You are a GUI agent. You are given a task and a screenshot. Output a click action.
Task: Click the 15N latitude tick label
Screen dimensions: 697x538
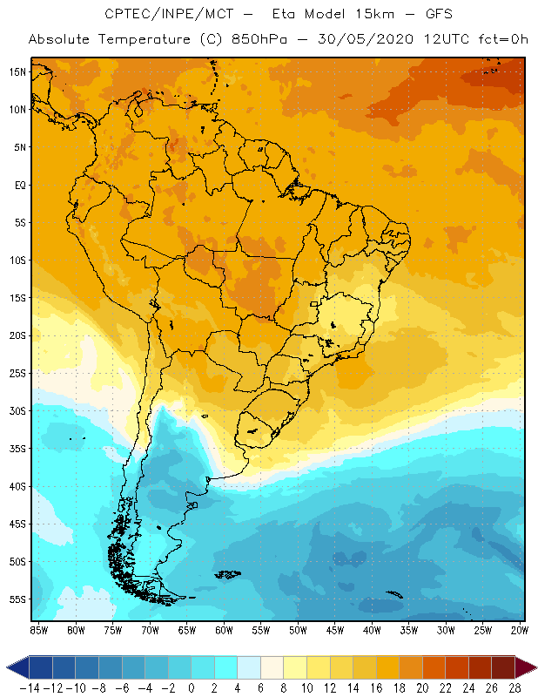17,71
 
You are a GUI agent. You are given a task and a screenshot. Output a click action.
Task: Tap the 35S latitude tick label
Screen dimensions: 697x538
17,449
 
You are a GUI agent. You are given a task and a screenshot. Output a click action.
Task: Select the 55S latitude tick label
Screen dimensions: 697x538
17,599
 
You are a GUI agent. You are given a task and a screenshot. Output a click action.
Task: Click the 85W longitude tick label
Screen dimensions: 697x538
38,629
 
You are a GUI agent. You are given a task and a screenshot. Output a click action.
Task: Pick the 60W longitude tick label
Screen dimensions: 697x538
224,629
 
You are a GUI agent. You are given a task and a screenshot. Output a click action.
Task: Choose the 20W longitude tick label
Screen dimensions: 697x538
521,629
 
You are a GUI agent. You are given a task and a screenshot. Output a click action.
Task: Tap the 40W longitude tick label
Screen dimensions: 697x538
373,629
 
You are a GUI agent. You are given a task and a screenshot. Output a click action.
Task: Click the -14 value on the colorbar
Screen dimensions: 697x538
29,687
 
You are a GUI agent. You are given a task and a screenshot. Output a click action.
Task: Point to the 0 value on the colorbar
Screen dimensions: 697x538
191,687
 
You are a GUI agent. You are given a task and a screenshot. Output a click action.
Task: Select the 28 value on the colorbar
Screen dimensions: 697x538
515,687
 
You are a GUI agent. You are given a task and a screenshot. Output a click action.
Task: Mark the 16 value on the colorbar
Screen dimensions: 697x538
376,687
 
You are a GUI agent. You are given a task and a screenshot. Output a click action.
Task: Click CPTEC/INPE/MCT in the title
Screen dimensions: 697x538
165,15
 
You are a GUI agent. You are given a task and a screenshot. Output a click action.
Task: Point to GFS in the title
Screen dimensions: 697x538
433,15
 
